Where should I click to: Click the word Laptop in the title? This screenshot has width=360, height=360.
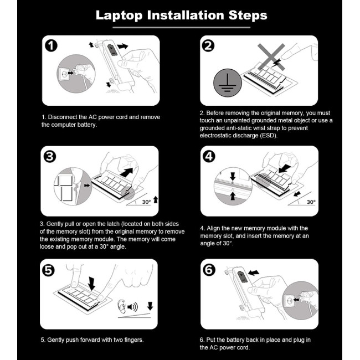[119, 16]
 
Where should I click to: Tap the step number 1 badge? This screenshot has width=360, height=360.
[51, 45]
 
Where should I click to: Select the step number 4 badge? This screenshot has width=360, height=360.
[209, 157]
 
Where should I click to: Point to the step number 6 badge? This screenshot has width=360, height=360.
[209, 270]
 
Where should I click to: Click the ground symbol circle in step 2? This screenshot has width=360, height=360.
[227, 83]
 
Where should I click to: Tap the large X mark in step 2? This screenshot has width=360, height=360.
[271, 57]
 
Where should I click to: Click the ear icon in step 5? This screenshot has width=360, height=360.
[122, 306]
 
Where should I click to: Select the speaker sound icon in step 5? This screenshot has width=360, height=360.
[132, 307]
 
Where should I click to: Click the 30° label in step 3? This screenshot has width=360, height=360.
[146, 202]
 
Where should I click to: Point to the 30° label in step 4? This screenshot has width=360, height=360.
[311, 202]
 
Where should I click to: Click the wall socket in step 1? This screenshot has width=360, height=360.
[64, 74]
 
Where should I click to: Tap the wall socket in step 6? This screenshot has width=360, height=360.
[289, 300]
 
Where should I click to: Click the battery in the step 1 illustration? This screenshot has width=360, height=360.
[112, 50]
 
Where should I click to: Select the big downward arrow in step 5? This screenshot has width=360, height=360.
[91, 284]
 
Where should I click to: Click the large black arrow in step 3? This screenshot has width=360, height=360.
[126, 172]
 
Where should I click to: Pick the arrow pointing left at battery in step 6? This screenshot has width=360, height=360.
[254, 272]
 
